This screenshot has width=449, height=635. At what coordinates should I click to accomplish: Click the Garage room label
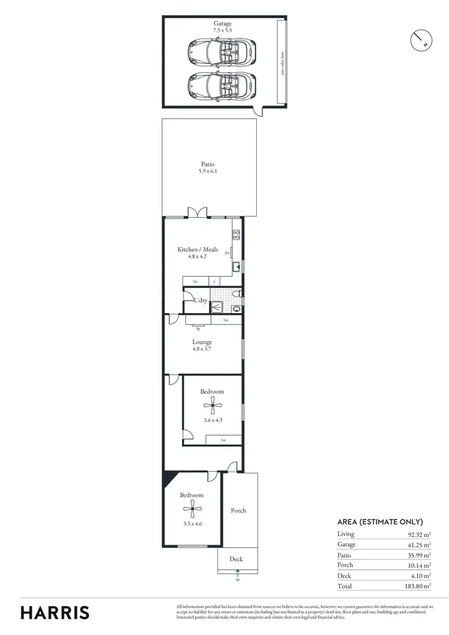(223, 24)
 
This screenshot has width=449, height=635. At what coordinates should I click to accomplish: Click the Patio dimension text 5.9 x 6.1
(208, 171)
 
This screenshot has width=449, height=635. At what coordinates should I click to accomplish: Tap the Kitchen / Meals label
(198, 249)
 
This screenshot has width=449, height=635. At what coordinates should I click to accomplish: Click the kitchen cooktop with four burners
(236, 235)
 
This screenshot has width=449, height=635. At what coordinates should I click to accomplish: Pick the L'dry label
(200, 300)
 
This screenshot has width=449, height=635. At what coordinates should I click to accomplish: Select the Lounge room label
(202, 342)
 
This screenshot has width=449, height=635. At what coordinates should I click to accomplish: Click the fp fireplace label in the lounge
(198, 328)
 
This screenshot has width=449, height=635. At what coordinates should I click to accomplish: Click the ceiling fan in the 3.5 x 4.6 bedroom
(192, 510)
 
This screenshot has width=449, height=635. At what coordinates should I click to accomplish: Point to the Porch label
(238, 511)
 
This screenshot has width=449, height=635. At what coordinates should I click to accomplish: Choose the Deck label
(237, 559)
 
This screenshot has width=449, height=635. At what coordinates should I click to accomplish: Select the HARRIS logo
(55, 612)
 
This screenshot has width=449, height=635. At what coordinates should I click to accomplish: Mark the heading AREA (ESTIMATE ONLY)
(380, 522)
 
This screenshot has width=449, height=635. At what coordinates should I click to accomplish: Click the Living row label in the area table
(346, 534)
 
